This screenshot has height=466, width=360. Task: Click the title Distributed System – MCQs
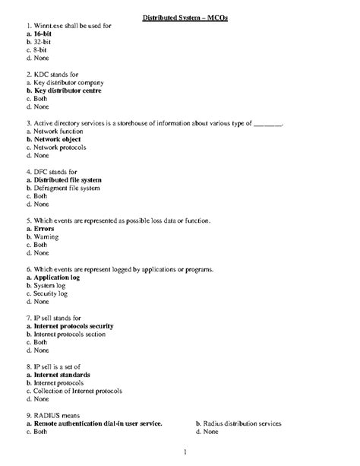pyautogui.click(x=180, y=17)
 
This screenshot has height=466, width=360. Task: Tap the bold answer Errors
pyautogui.click(x=39, y=229)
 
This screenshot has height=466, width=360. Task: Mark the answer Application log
pyautogui.click(x=52, y=278)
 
